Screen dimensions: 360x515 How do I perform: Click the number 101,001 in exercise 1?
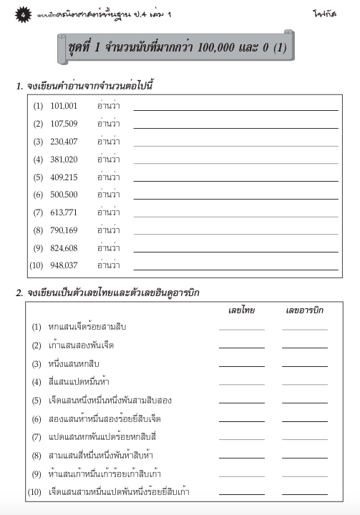click(64, 106)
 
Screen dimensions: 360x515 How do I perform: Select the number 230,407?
click(64, 142)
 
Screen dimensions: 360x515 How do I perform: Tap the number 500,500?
click(64, 195)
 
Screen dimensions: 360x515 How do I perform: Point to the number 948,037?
click(64, 265)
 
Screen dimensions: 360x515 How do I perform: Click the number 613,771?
click(64, 212)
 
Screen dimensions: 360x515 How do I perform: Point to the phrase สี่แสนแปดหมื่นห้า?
click(79, 381)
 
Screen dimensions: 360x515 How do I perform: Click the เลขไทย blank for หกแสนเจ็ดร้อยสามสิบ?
click(241, 329)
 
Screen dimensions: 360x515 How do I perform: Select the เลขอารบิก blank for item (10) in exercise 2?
click(304, 494)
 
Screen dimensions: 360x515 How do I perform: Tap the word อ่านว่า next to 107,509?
click(108, 124)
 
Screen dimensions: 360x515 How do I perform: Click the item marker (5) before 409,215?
click(38, 177)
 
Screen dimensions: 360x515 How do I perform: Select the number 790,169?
click(64, 230)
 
